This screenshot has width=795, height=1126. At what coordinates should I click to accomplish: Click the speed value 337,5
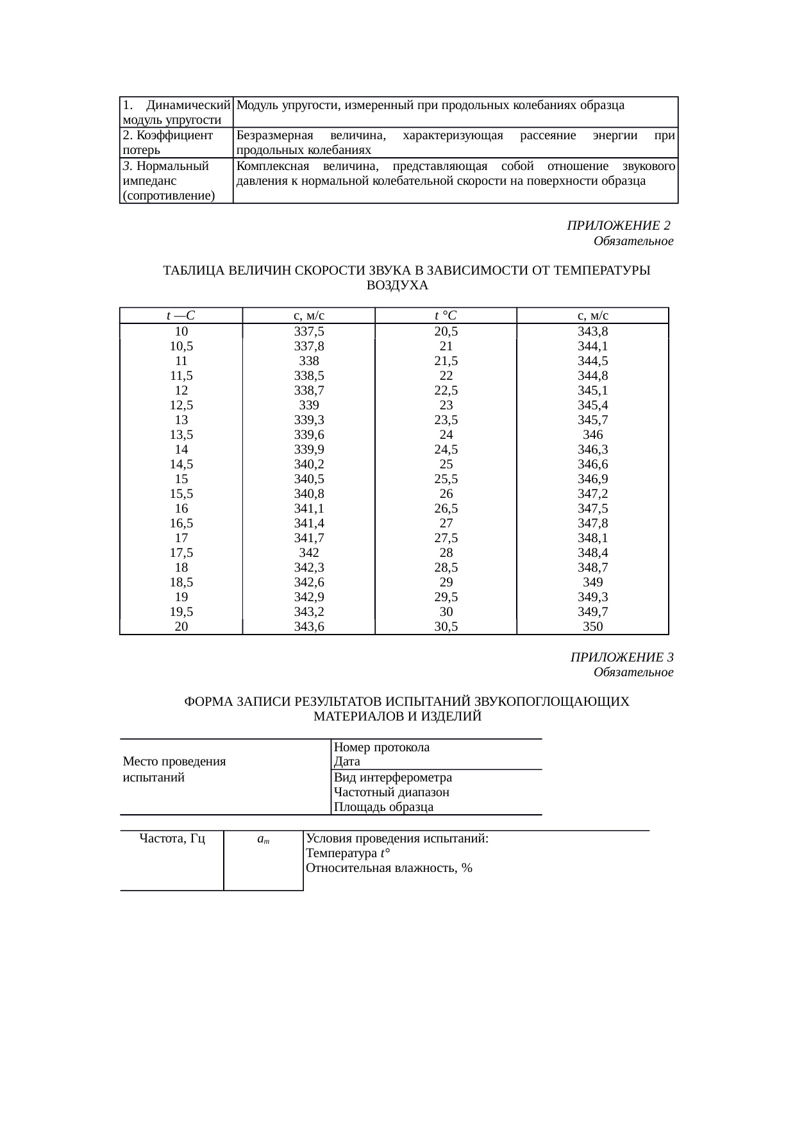click(x=309, y=332)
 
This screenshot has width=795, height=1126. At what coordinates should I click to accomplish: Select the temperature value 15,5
click(x=181, y=494)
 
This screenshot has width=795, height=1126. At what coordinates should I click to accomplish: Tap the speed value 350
click(x=592, y=627)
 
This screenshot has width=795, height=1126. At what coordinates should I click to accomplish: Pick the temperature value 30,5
click(x=446, y=627)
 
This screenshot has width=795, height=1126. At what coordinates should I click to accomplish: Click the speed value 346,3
click(x=592, y=450)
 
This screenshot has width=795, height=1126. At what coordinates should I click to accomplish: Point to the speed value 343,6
click(x=309, y=627)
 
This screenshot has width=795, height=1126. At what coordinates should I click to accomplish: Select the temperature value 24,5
click(x=446, y=450)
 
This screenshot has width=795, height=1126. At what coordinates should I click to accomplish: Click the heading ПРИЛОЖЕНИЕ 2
click(x=618, y=226)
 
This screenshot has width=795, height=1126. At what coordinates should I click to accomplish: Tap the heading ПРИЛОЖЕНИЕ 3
click(x=621, y=658)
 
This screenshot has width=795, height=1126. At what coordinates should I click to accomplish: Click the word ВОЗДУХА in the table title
click(x=397, y=286)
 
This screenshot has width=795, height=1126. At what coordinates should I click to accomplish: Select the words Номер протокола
click(x=382, y=747)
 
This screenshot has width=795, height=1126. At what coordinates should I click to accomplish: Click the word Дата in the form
click(x=347, y=762)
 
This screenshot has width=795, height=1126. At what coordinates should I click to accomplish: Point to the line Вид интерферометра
click(x=393, y=778)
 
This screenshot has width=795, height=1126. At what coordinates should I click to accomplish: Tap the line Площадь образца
click(x=383, y=807)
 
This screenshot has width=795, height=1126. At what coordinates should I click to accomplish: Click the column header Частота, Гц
click(x=172, y=839)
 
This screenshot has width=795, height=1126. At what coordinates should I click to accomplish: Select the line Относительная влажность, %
click(x=389, y=868)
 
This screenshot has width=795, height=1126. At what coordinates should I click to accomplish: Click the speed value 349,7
click(x=592, y=612)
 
